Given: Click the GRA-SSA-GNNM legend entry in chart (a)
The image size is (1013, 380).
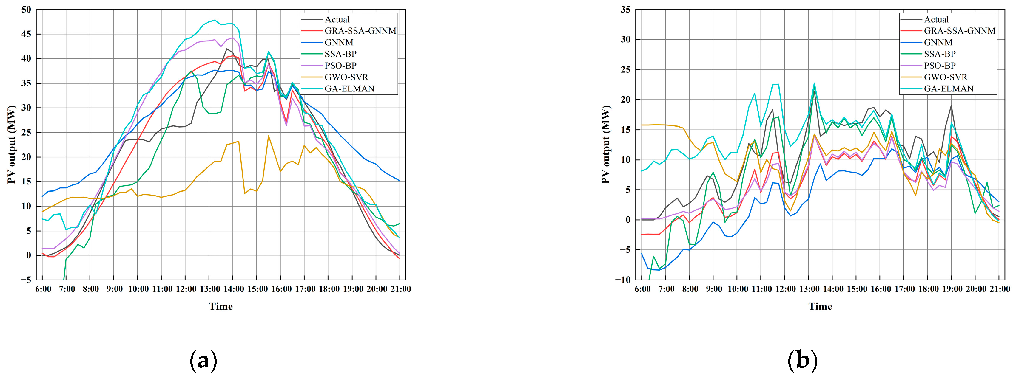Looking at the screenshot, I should (x=360, y=31).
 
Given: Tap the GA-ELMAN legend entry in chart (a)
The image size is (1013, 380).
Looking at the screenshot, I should (x=349, y=89).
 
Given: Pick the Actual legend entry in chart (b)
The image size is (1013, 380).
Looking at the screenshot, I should (x=936, y=20).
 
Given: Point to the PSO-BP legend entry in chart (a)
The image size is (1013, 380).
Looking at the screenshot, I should (x=340, y=66).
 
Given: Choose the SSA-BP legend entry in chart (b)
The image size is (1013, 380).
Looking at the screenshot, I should (x=940, y=54).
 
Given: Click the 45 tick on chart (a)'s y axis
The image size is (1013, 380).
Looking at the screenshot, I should (x=26, y=34).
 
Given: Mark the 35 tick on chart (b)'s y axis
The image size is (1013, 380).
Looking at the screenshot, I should (x=625, y=10).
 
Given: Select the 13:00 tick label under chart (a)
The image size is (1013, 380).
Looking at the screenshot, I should (x=209, y=289).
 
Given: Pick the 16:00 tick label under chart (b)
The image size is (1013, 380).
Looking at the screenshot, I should (x=881, y=289).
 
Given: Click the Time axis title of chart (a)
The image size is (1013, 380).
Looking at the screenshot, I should (x=221, y=306).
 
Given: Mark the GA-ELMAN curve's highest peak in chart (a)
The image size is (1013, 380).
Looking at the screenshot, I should (x=214, y=20).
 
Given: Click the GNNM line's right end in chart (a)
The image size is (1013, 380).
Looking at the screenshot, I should (x=400, y=181).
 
